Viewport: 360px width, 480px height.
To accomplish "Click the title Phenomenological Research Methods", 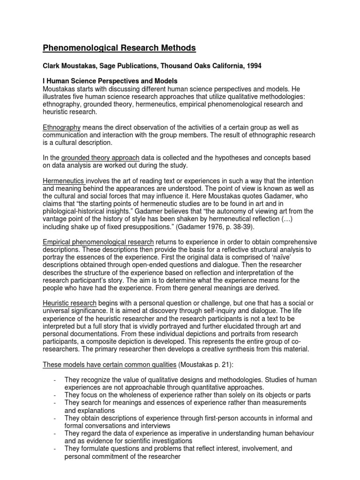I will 120,48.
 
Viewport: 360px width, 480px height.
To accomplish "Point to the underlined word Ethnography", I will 62,127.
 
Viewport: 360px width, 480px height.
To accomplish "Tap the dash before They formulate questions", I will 56,448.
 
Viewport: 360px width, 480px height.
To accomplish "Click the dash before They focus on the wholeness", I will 56,395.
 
